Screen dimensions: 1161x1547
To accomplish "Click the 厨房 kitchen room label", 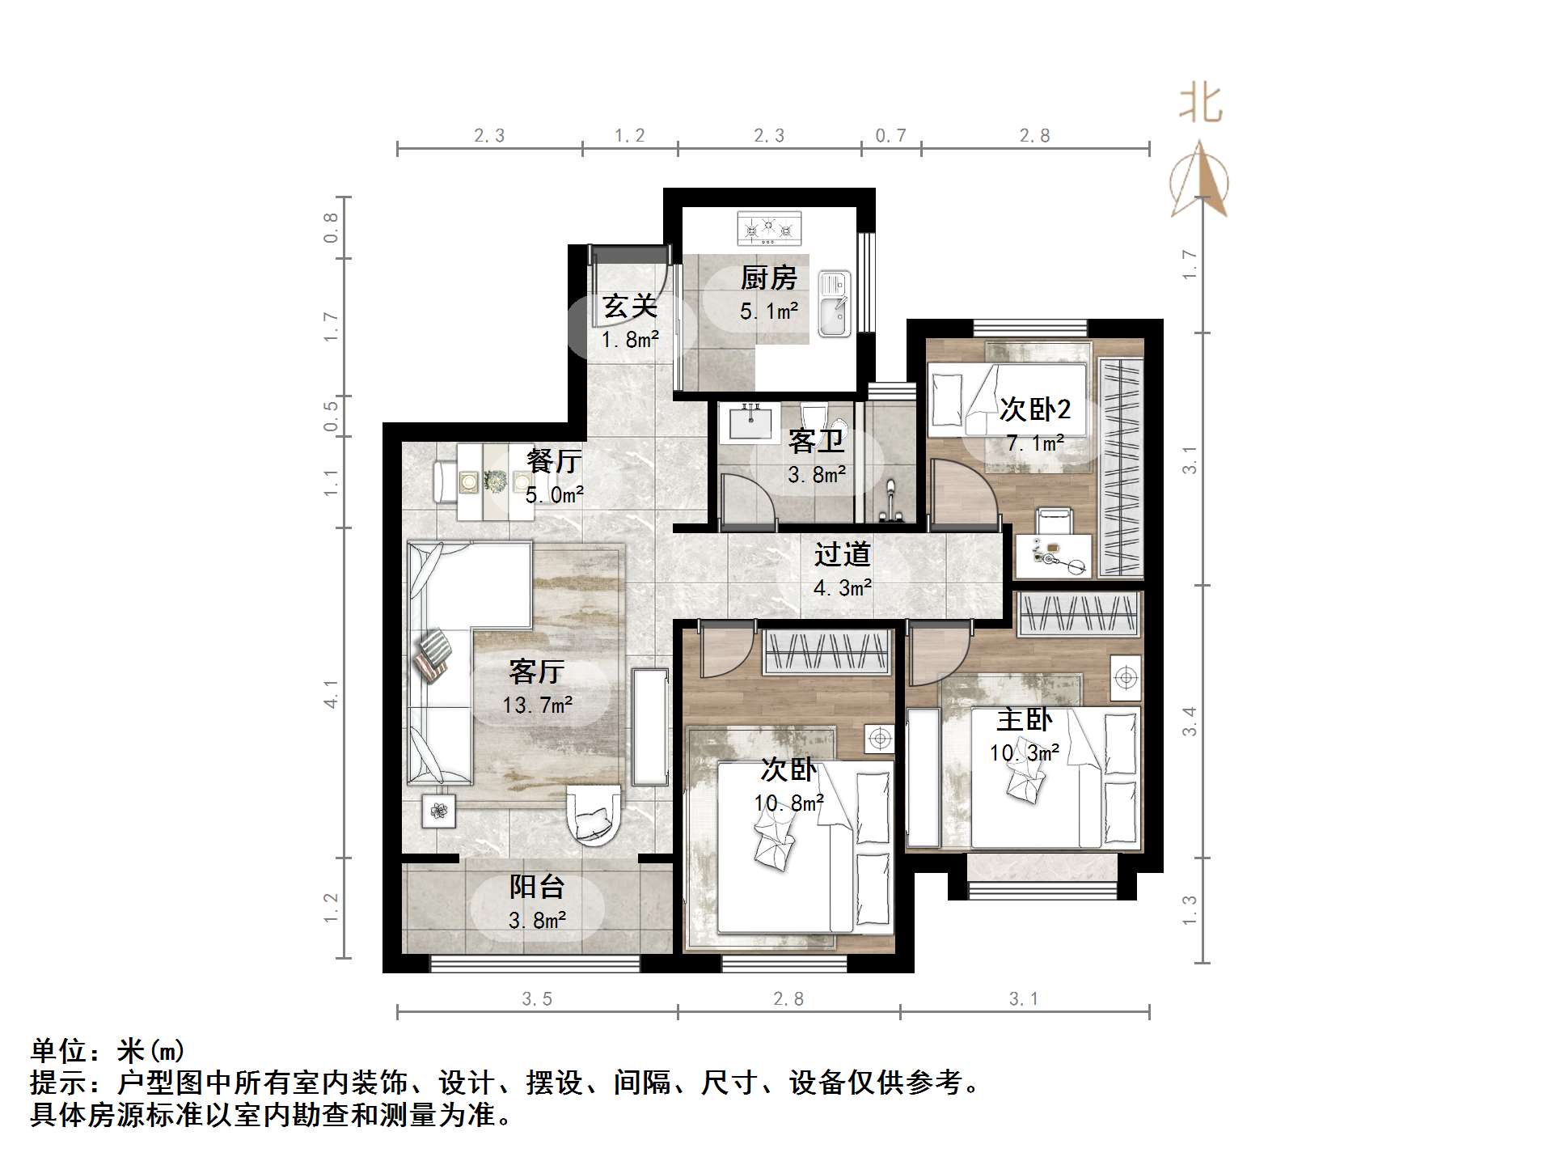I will (768, 278).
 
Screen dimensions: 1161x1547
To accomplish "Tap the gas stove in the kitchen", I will (769, 229).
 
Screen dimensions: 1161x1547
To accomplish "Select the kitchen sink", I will (834, 304).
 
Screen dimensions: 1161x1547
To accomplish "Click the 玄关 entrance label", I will (629, 307).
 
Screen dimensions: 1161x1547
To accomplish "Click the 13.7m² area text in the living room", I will (537, 705).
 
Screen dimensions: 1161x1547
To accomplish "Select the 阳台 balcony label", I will (536, 887).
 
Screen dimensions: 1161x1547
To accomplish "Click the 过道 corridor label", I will (842, 554).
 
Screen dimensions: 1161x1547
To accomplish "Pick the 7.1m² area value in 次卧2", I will (1034, 443).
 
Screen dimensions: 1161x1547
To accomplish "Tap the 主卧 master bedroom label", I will (1024, 718).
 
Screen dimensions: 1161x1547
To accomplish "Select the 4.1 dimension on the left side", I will (331, 693).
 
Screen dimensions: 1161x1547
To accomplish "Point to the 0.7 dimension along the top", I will (890, 136).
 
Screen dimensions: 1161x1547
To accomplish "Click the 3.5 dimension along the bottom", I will (536, 999).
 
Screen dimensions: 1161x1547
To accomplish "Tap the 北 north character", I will (1200, 105).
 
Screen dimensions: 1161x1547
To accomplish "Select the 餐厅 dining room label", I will (554, 460).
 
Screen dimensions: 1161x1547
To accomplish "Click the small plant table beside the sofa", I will (438, 810).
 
